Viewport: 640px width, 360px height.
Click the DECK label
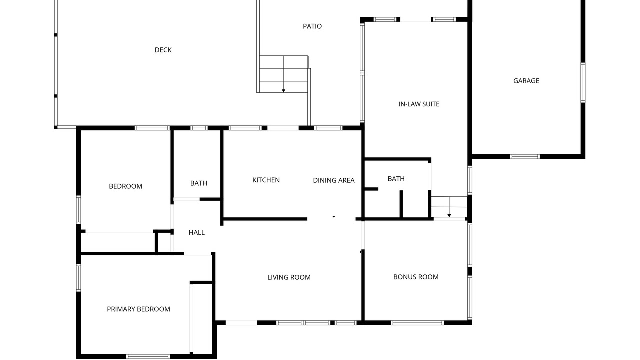pos(163,50)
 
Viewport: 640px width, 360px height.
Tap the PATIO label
pos(312,26)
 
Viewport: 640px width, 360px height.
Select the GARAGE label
pos(526,81)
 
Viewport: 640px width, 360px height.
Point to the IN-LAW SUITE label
pos(419,104)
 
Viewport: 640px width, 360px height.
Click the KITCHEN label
pos(266,180)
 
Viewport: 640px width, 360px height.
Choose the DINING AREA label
pos(334,180)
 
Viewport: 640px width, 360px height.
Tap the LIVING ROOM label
pos(289,277)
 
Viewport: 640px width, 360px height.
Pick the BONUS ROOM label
pos(416,277)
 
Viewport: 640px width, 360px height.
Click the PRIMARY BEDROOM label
pos(138,309)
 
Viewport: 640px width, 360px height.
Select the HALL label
pos(197,233)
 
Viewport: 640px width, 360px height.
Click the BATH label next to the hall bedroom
pos(199,183)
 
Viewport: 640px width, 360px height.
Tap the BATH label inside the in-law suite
pos(396,179)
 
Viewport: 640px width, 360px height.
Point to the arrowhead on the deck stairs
pos(283,91)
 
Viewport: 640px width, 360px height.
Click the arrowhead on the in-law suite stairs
pos(449,215)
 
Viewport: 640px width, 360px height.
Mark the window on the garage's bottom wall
pos(525,156)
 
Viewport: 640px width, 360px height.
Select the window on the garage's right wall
pos(583,83)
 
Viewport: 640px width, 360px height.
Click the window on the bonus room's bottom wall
pos(417,323)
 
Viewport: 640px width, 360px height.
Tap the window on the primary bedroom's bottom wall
pos(148,356)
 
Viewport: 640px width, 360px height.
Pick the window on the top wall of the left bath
pos(199,128)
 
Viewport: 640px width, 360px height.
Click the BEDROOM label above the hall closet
pos(125,186)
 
